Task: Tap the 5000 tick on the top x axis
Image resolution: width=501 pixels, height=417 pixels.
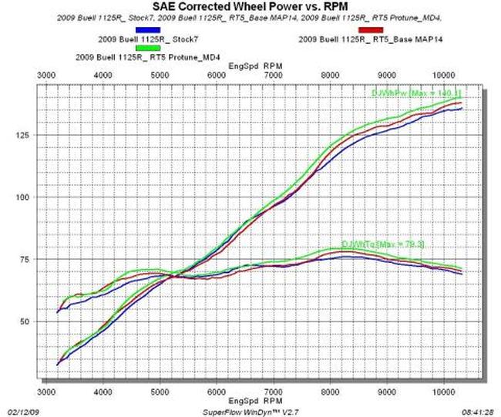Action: pyautogui.click(x=160, y=75)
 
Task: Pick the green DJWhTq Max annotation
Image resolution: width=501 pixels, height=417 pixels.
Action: pyautogui.click(x=382, y=244)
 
